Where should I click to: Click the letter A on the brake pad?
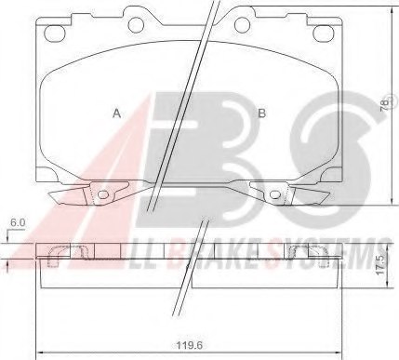click(x=116, y=113)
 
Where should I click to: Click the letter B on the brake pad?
click(x=262, y=113)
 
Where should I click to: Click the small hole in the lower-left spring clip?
click(x=103, y=194)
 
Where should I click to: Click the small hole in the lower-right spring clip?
click(x=275, y=194)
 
